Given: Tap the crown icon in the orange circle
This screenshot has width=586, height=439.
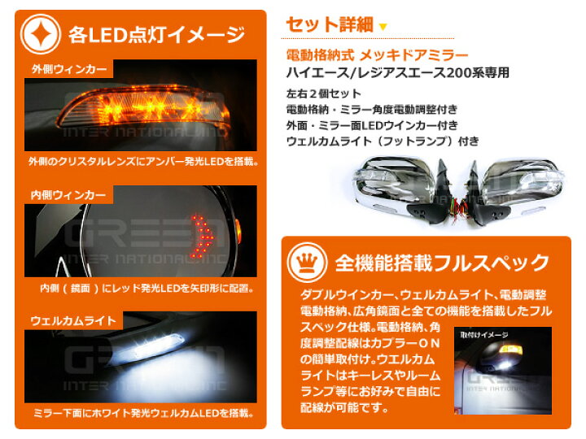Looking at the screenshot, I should coord(307,262).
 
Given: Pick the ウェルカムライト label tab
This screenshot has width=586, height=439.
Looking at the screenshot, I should coord(62,319).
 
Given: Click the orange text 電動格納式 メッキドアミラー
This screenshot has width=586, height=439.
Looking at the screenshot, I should coord(378,55).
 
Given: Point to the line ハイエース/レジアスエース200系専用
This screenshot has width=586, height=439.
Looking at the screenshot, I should coord(398,72).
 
